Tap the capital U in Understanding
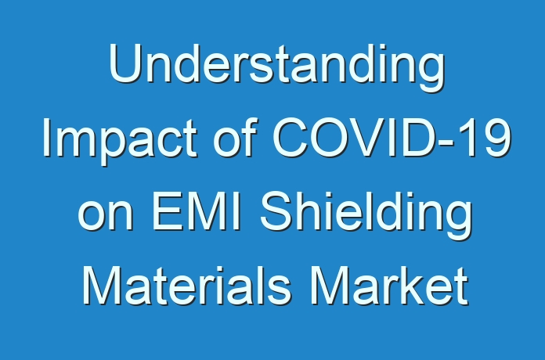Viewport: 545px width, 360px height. pyautogui.click(x=125, y=63)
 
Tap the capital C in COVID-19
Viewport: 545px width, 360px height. pyautogui.click(x=291, y=137)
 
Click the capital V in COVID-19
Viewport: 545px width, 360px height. pyautogui.click(x=369, y=137)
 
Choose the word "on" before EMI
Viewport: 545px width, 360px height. pyautogui.click(x=105, y=215)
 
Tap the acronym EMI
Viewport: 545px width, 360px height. pyautogui.click(x=197, y=211)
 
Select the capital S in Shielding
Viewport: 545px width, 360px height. pyautogui.click(x=277, y=211)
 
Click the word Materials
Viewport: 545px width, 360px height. pyautogui.click(x=186, y=286)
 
